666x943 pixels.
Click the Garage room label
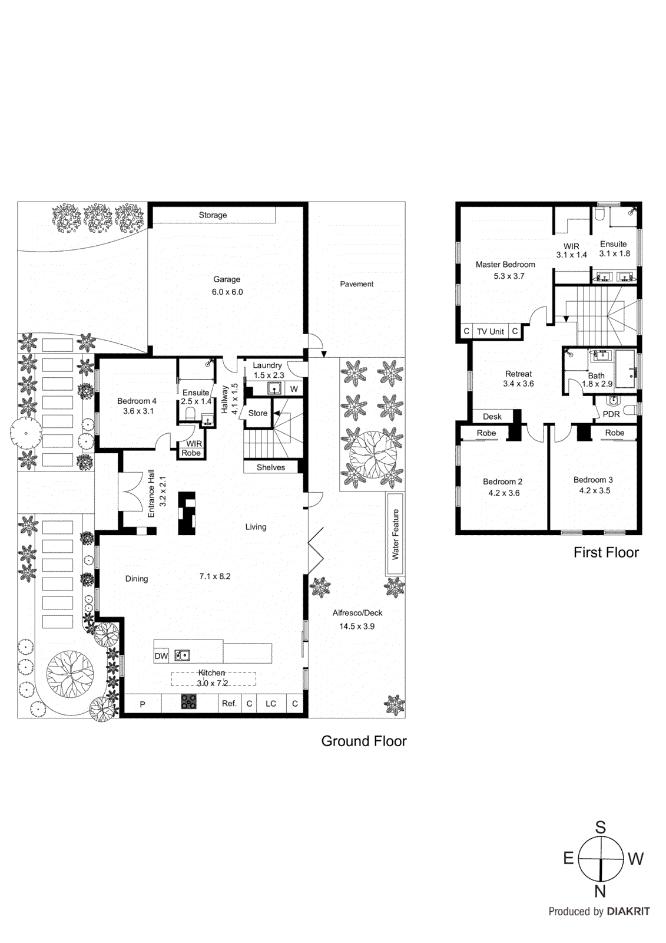point(227,279)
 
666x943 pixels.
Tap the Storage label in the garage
point(213,215)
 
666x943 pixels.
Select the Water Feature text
point(395,534)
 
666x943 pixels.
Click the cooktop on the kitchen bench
point(188,702)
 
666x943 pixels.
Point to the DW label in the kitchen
point(161,656)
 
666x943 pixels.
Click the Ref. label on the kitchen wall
point(229,703)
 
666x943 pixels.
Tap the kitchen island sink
point(183,655)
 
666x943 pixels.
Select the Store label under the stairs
point(257,413)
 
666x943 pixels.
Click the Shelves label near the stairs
point(270,467)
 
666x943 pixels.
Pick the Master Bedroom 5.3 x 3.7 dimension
point(509,276)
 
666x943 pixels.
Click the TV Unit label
point(490,332)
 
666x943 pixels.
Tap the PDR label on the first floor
point(611,414)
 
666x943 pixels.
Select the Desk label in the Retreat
point(492,417)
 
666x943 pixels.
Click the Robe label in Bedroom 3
point(614,433)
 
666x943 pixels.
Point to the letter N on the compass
point(599,891)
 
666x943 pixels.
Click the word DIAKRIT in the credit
point(628,911)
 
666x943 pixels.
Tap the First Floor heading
point(605,552)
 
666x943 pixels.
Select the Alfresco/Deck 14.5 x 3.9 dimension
point(356,627)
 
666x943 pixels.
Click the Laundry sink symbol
point(274,389)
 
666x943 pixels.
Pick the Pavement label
point(356,284)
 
